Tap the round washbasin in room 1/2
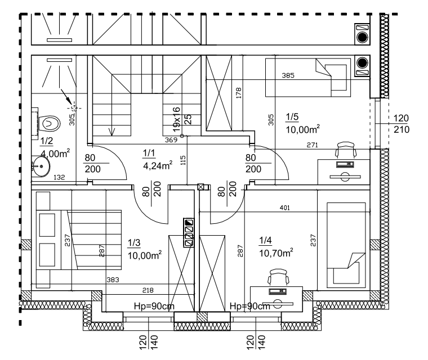coord(40,165)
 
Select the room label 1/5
coord(292,118)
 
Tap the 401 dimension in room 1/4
coord(285,209)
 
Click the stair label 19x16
coord(177,120)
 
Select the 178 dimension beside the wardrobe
coord(239,93)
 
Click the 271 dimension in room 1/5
coord(313,145)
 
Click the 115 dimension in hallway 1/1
coord(182,160)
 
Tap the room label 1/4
coord(265,241)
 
